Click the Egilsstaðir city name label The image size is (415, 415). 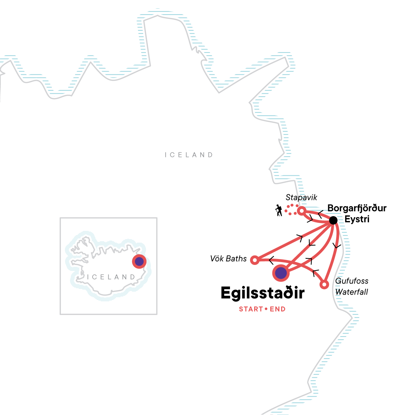coord(262,293)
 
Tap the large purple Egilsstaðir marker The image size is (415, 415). coord(281,273)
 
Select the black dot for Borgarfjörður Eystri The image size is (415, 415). coord(333,220)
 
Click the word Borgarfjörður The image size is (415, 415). coord(357,209)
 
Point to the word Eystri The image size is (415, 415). coord(357,219)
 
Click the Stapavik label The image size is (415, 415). coord(301,197)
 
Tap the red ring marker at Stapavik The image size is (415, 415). coord(302,211)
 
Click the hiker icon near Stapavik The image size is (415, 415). coord(279,210)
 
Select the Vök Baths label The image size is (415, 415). coord(229,259)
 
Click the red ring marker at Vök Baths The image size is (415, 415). coord(255,260)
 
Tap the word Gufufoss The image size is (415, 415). coord(352,281)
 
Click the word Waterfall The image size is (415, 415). coord(352,292)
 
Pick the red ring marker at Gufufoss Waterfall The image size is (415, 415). coord(324,285)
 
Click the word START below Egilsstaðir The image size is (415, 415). coord(251,309)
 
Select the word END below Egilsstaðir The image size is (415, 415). coord(278,309)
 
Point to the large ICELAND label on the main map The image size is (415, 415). coord(189,155)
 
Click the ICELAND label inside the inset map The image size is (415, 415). coord(111,277)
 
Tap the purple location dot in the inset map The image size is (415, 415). coord(139,262)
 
